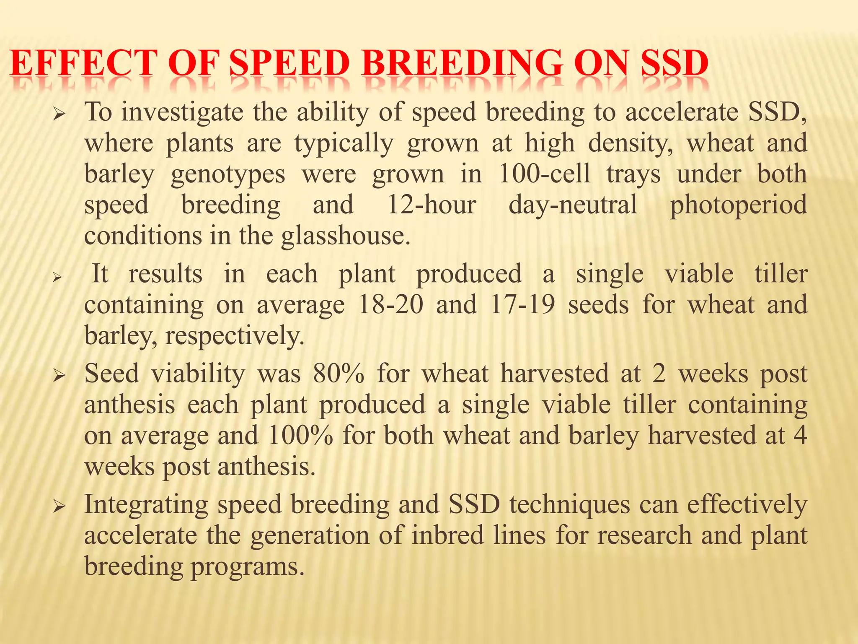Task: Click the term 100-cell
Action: click(544, 174)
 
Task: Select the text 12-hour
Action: click(431, 205)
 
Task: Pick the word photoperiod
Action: click(738, 205)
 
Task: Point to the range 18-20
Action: click(391, 304)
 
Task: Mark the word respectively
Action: click(235, 336)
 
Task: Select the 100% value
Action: click(300, 435)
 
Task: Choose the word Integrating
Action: click(146, 505)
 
